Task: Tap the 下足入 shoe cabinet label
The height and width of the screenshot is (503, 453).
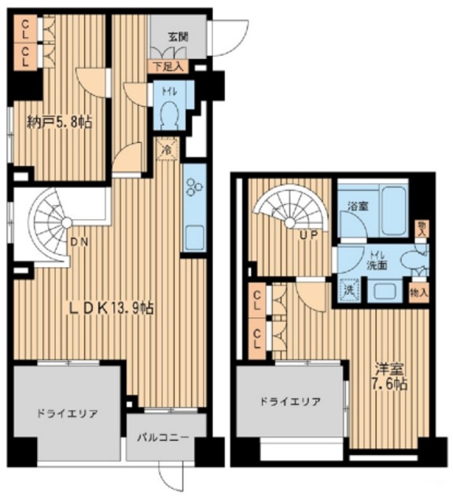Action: (x=167, y=68)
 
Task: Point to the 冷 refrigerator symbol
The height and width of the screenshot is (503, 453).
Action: (x=166, y=147)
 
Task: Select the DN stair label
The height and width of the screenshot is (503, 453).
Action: (x=78, y=242)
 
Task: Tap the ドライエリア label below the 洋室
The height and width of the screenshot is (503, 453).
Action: (x=290, y=400)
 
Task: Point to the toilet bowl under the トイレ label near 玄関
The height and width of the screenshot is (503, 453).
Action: (x=168, y=117)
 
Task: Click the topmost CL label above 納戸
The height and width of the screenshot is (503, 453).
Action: (x=26, y=34)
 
